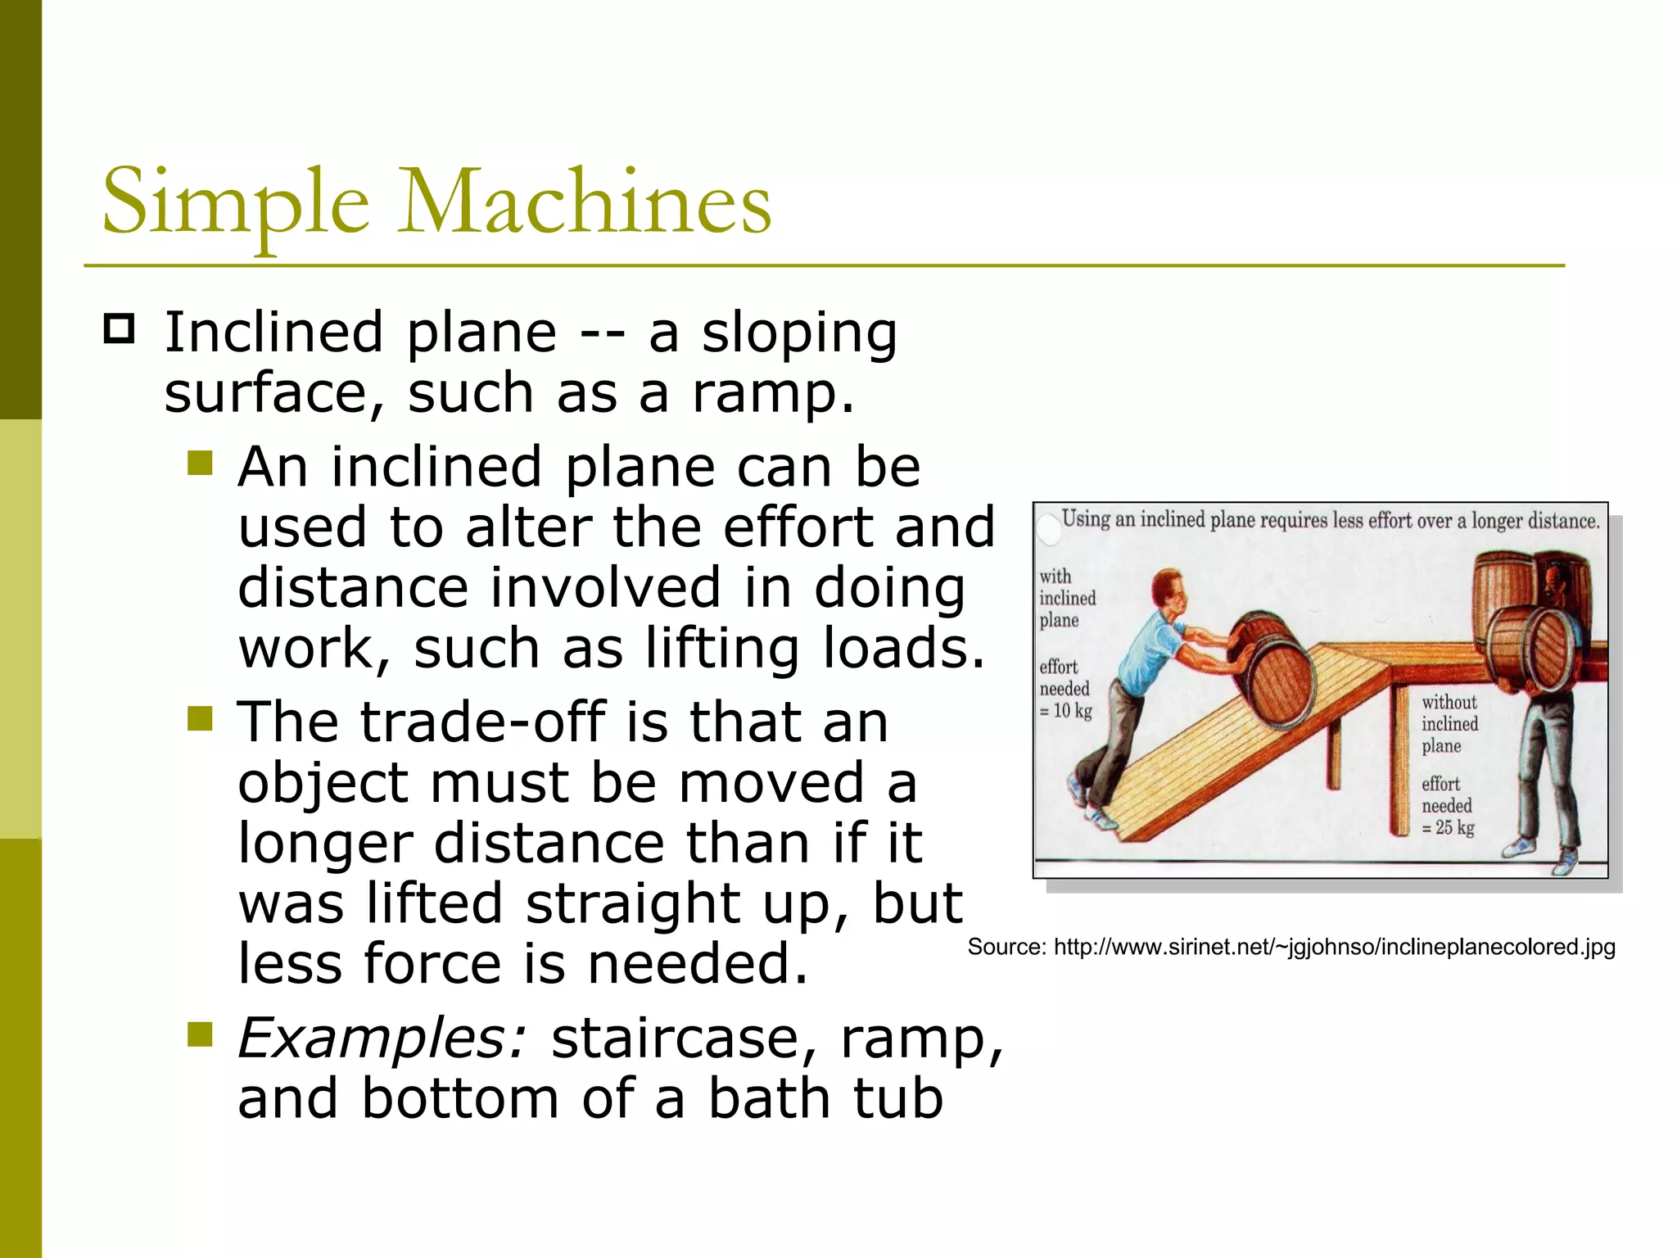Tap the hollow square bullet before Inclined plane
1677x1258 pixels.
[x=120, y=329]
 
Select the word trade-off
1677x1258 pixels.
[x=483, y=722]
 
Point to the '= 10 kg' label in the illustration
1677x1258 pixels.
[x=1066, y=711]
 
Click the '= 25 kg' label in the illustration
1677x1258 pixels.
[x=1448, y=828]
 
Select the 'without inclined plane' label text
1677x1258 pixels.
[x=1449, y=724]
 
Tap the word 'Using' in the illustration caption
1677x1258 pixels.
[x=1086, y=518]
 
